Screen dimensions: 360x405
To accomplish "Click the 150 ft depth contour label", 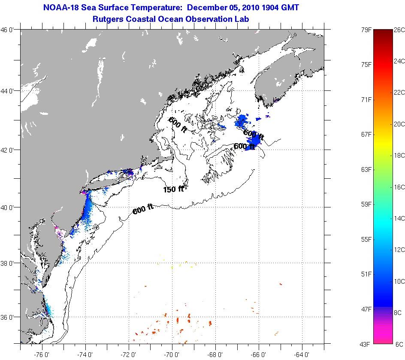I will (x=173, y=189).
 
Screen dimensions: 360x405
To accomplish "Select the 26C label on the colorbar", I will (x=399, y=30).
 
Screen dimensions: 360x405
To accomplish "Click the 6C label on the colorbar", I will (x=399, y=344).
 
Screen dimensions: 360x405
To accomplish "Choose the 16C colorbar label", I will (x=399, y=187).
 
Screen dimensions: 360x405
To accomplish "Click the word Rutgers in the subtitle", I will (x=108, y=19).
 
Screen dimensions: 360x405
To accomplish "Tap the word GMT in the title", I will (x=290, y=8).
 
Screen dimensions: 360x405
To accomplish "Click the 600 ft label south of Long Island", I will (x=143, y=209).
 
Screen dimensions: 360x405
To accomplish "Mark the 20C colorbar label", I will (x=399, y=124).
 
